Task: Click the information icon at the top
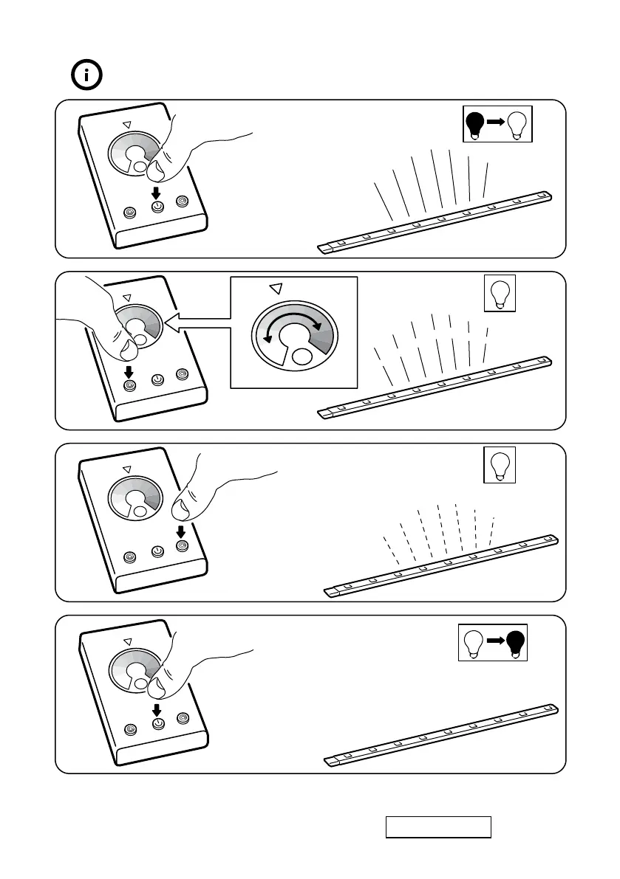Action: pos(87,75)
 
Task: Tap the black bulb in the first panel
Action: pos(476,123)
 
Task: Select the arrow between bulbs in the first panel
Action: pos(497,123)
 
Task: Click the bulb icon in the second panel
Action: pos(499,294)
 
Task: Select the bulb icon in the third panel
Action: pos(499,465)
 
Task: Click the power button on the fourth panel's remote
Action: pos(157,723)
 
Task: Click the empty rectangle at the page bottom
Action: pos(437,827)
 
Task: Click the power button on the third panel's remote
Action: pos(157,551)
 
